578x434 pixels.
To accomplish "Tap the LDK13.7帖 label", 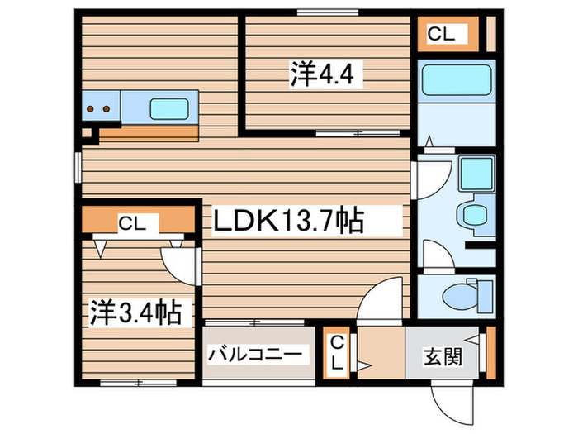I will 289,221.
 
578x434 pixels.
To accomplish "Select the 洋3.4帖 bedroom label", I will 136,312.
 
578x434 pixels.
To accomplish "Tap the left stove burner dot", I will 92,108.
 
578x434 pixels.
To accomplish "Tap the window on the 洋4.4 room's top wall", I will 322,12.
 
